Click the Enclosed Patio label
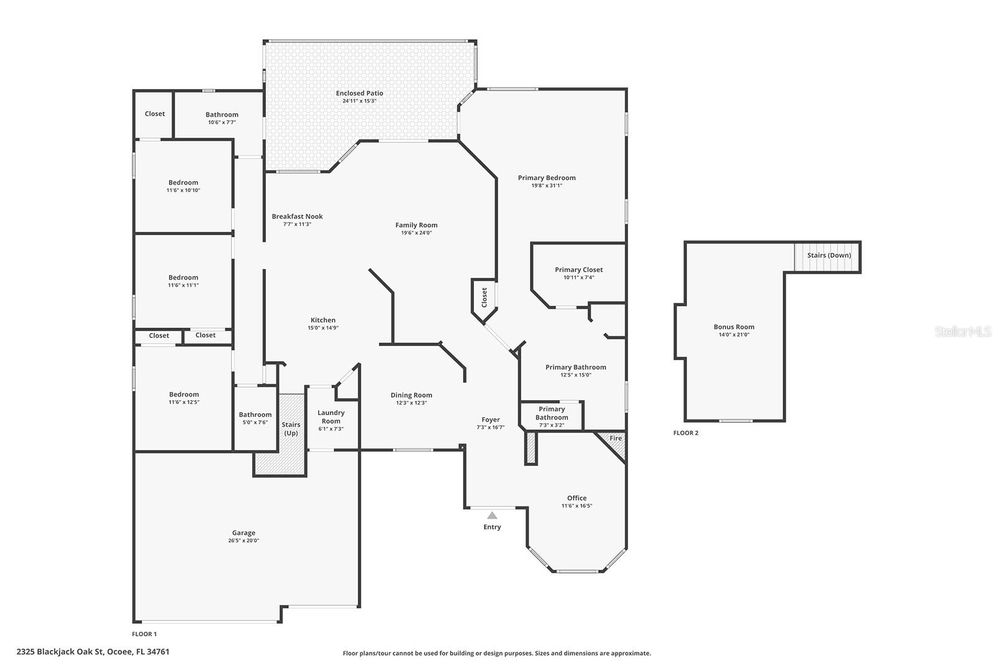point(359,93)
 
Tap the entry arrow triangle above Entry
point(491,515)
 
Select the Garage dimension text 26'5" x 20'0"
point(244,541)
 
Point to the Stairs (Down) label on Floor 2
point(829,255)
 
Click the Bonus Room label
point(734,327)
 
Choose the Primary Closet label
point(578,270)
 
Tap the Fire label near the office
point(616,439)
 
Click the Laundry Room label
point(331,417)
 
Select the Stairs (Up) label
point(291,429)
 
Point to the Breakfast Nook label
point(298,217)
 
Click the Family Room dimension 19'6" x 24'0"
point(416,232)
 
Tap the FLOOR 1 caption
point(144,634)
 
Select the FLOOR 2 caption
point(686,432)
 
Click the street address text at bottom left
point(93,652)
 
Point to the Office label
point(577,498)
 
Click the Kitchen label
point(323,320)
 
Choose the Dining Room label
point(411,395)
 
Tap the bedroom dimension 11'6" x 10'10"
point(183,190)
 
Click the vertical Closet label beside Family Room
point(484,298)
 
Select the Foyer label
point(491,420)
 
